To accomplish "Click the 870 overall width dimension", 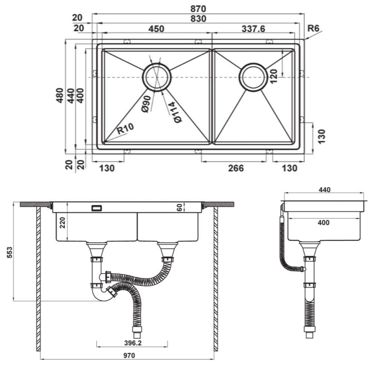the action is tap(198, 9).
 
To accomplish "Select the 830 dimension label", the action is tap(199, 19).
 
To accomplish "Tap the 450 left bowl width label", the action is tap(156, 29).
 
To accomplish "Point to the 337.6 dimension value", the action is tap(253, 29).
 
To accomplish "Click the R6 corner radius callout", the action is tap(313, 28).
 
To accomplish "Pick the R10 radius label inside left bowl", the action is tap(125, 129).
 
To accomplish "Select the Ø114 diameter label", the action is tap(174, 112).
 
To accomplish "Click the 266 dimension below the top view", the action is tap(236, 168).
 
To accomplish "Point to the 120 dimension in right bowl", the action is tap(273, 76).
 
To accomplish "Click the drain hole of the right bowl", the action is tap(253, 77).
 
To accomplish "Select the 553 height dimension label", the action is tap(9, 252).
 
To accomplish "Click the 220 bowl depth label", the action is tap(63, 223).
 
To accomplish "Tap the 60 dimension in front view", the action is tap(179, 208).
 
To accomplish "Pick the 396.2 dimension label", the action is tap(133, 343).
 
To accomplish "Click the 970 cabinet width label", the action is tap(129, 355).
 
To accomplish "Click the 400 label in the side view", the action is tap(324, 223).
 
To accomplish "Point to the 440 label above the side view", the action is tap(324, 190).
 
